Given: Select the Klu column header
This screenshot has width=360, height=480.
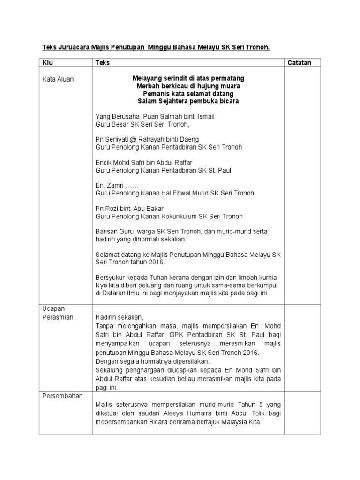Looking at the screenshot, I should click(x=48, y=63).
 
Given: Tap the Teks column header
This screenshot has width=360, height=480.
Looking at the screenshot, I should click(x=103, y=63).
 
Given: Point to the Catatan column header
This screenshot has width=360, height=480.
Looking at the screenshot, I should click(x=299, y=63).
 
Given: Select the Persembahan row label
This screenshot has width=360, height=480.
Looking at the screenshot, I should click(x=62, y=396).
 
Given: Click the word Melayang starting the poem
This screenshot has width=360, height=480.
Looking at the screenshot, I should click(x=148, y=78).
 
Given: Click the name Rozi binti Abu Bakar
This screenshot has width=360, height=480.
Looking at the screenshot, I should click(x=134, y=209).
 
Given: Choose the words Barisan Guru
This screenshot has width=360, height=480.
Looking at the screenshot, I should click(x=113, y=232).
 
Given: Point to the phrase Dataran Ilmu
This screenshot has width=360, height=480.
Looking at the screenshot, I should click(x=122, y=293).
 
